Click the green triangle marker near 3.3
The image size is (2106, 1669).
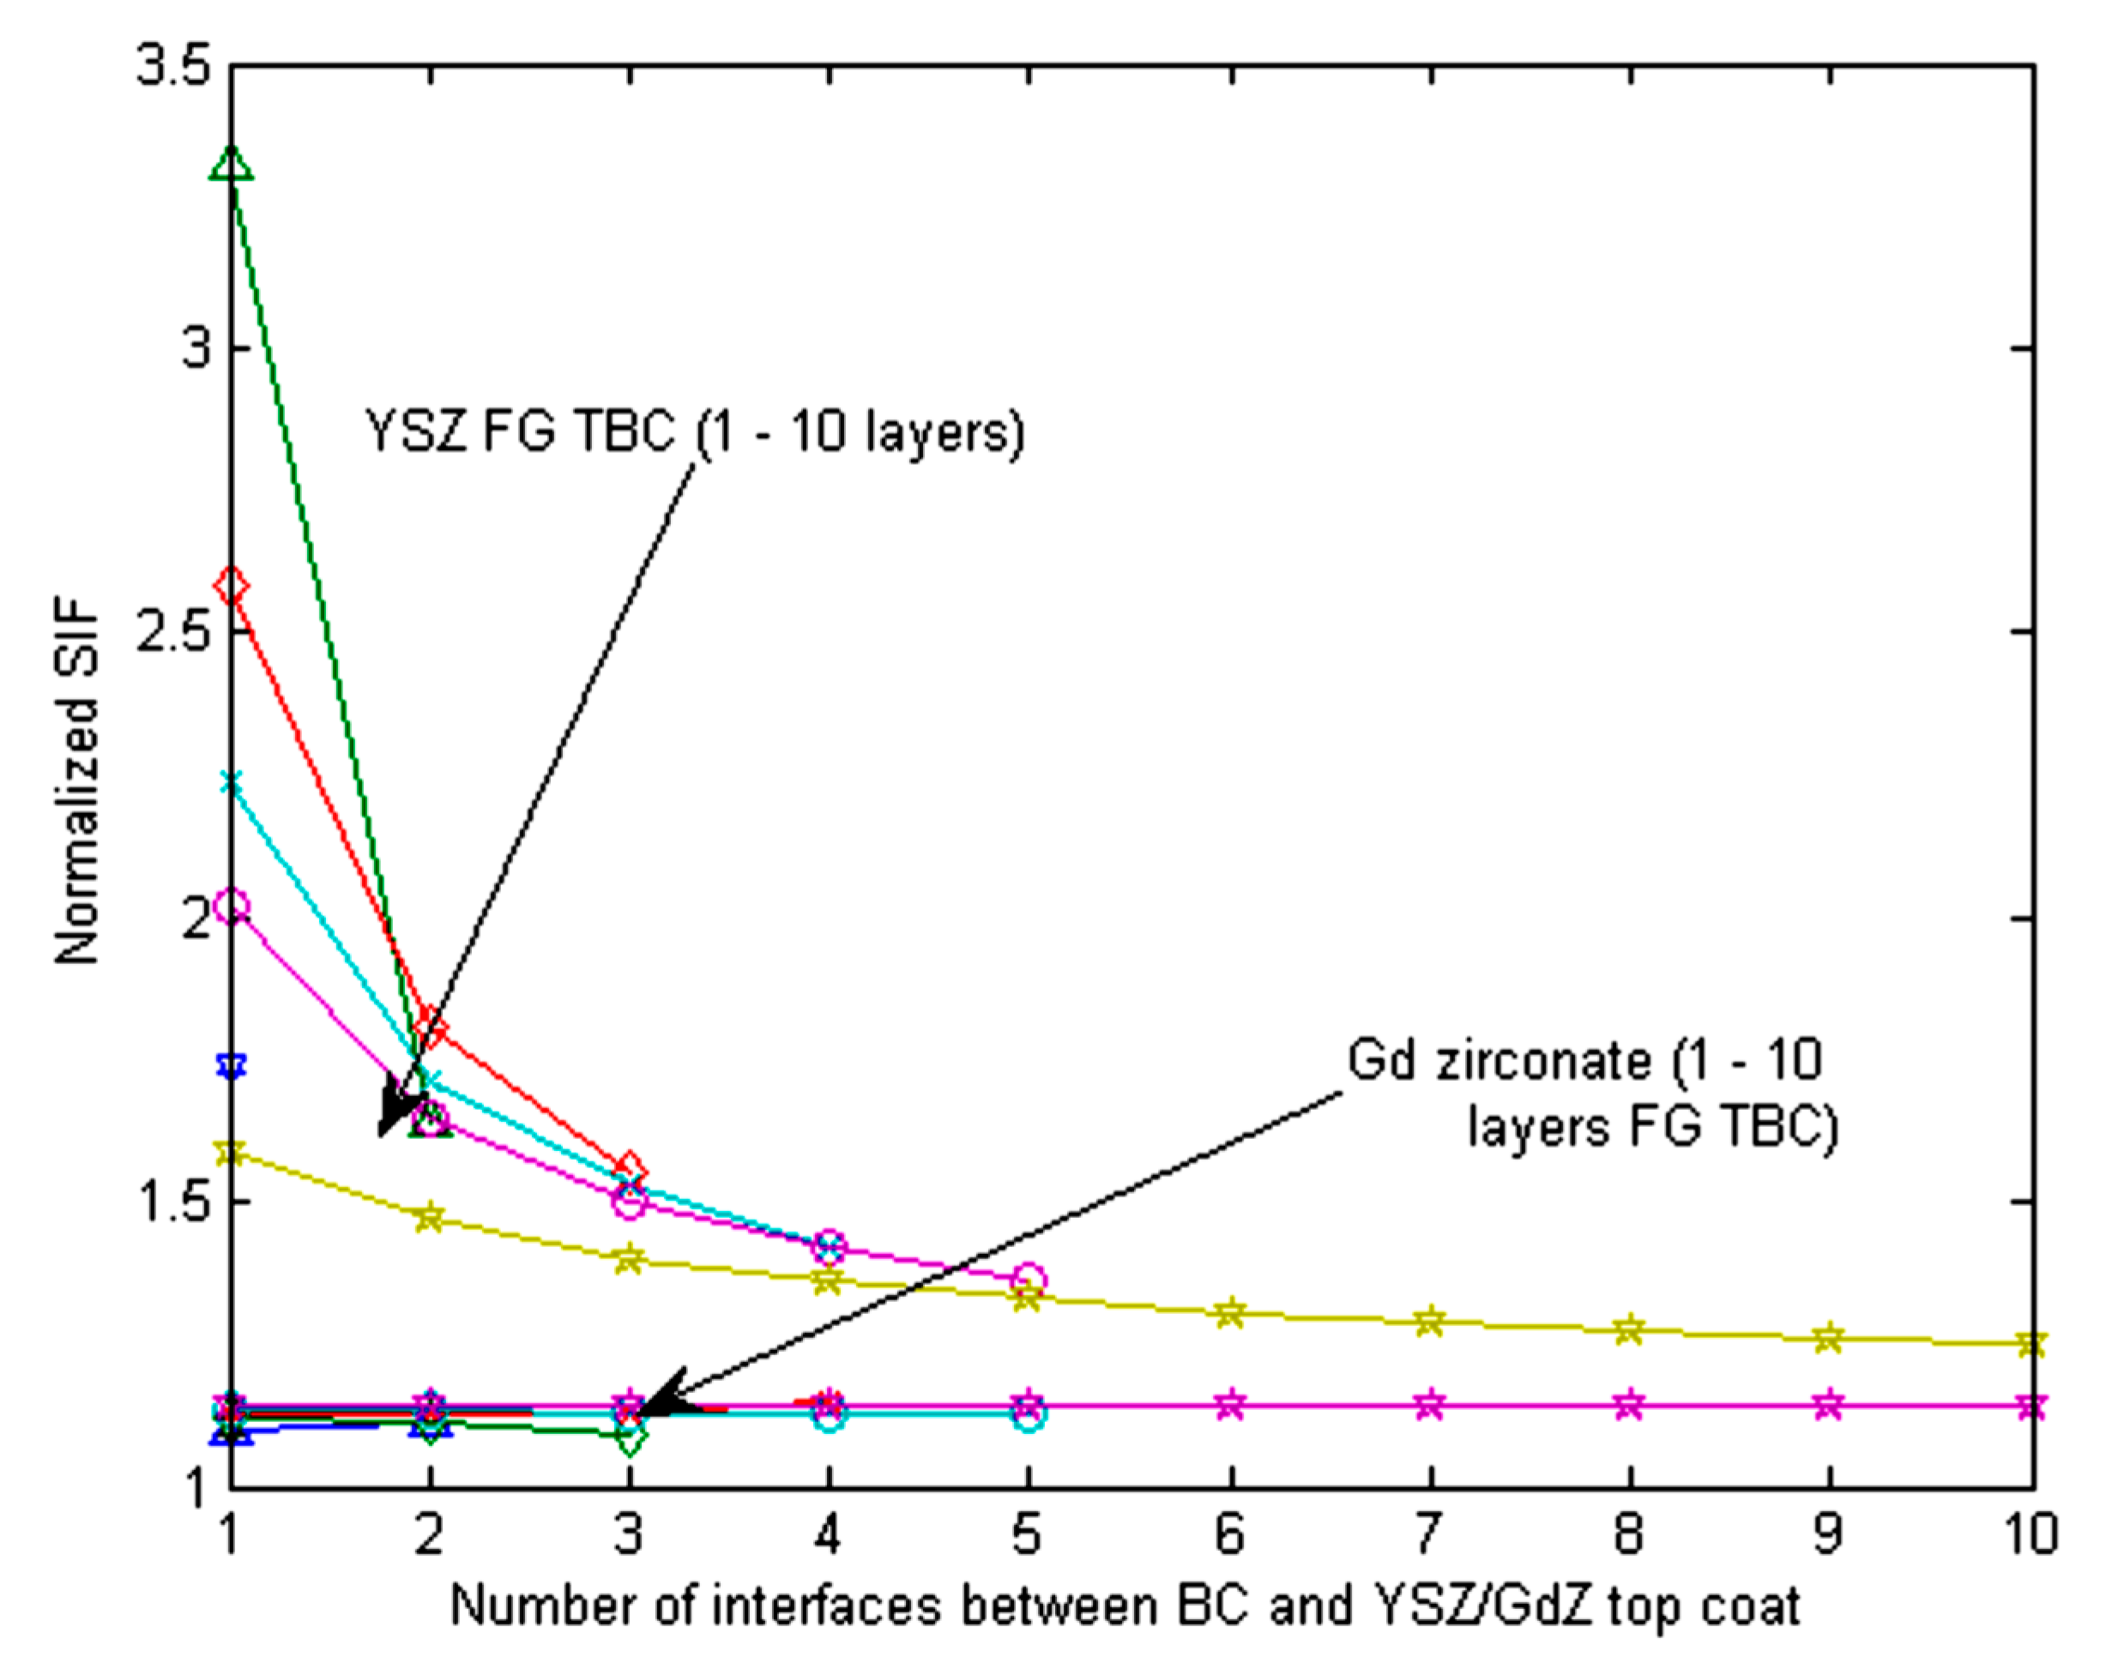232,163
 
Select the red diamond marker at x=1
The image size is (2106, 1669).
232,587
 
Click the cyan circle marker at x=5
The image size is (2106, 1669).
1029,1415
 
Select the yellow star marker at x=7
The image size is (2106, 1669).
1430,1322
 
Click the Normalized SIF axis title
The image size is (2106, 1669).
78,781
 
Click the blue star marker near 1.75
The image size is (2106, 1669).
232,1065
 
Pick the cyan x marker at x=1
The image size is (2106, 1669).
232,782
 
